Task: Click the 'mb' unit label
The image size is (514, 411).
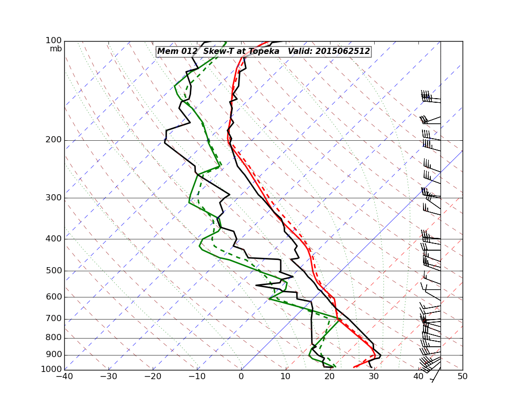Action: click(56, 49)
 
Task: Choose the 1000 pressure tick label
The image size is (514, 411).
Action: click(52, 369)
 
